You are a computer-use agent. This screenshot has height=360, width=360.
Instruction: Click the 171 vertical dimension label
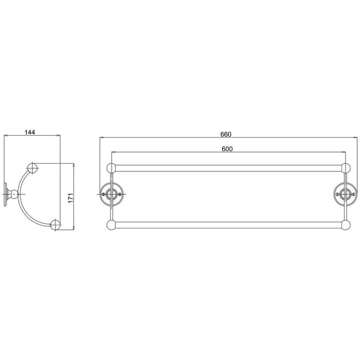click(71, 197)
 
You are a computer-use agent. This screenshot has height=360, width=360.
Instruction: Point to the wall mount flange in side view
click(5, 194)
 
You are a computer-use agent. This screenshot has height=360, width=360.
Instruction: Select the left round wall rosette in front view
click(111, 194)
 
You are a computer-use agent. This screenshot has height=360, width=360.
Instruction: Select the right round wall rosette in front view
click(343, 194)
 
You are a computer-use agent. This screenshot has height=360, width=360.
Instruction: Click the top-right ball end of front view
click(346, 167)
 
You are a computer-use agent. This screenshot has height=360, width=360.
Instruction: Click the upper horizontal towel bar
click(227, 167)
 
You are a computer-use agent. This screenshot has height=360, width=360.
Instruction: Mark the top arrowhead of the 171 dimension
click(75, 166)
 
